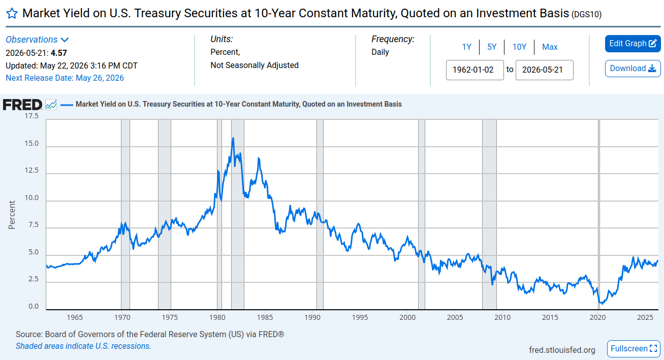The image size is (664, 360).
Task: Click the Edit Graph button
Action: click(x=633, y=44)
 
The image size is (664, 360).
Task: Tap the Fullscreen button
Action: click(x=634, y=349)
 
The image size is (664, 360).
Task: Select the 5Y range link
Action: click(x=492, y=47)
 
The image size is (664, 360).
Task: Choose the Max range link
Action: click(x=550, y=47)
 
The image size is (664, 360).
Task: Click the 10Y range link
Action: click(x=519, y=47)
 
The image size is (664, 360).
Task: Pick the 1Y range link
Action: click(x=466, y=47)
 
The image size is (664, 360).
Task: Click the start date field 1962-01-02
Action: click(x=475, y=70)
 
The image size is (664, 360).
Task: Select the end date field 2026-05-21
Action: click(x=545, y=70)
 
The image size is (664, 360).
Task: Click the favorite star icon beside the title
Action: click(x=12, y=13)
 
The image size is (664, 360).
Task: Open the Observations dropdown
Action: click(x=38, y=40)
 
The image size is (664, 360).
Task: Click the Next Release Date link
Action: click(x=65, y=78)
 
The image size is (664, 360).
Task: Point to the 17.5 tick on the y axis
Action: click(x=31, y=116)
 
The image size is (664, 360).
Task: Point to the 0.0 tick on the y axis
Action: click(x=34, y=306)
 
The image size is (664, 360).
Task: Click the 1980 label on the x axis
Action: click(x=217, y=317)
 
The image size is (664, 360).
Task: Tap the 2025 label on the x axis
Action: click(x=645, y=317)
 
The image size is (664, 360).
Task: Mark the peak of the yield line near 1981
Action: click(x=233, y=138)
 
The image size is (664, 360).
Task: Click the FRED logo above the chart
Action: click(x=22, y=105)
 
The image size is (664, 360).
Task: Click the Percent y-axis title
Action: click(x=12, y=215)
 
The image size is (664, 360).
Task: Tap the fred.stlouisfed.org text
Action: click(x=562, y=350)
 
